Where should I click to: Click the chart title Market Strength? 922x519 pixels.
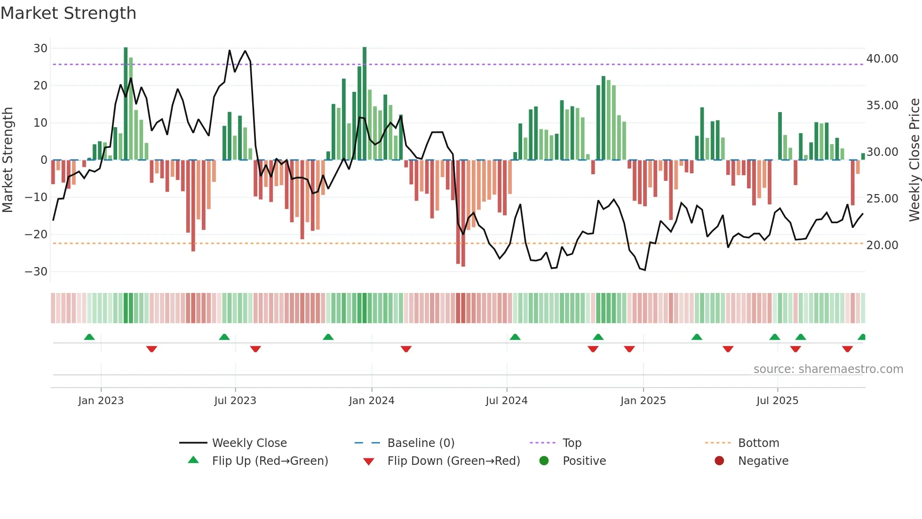(x=68, y=13)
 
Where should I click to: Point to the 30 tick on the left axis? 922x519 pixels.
(x=40, y=49)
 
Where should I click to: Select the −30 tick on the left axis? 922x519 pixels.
(x=37, y=272)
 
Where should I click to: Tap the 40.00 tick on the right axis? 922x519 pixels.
(x=882, y=59)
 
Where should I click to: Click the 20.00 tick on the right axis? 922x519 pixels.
(x=882, y=245)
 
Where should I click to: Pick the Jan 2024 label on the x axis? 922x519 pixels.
(x=371, y=401)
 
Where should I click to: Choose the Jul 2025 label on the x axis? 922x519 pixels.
(x=777, y=401)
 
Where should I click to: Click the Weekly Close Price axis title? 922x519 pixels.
(x=914, y=160)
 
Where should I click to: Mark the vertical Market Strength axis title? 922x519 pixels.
(x=8, y=160)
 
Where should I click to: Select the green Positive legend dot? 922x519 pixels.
(x=544, y=461)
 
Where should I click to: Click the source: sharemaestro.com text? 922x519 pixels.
(x=828, y=369)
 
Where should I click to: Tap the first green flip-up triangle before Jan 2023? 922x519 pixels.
(x=89, y=337)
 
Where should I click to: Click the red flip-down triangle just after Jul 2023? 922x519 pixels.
(x=255, y=349)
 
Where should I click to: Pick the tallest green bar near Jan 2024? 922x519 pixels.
(x=365, y=104)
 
